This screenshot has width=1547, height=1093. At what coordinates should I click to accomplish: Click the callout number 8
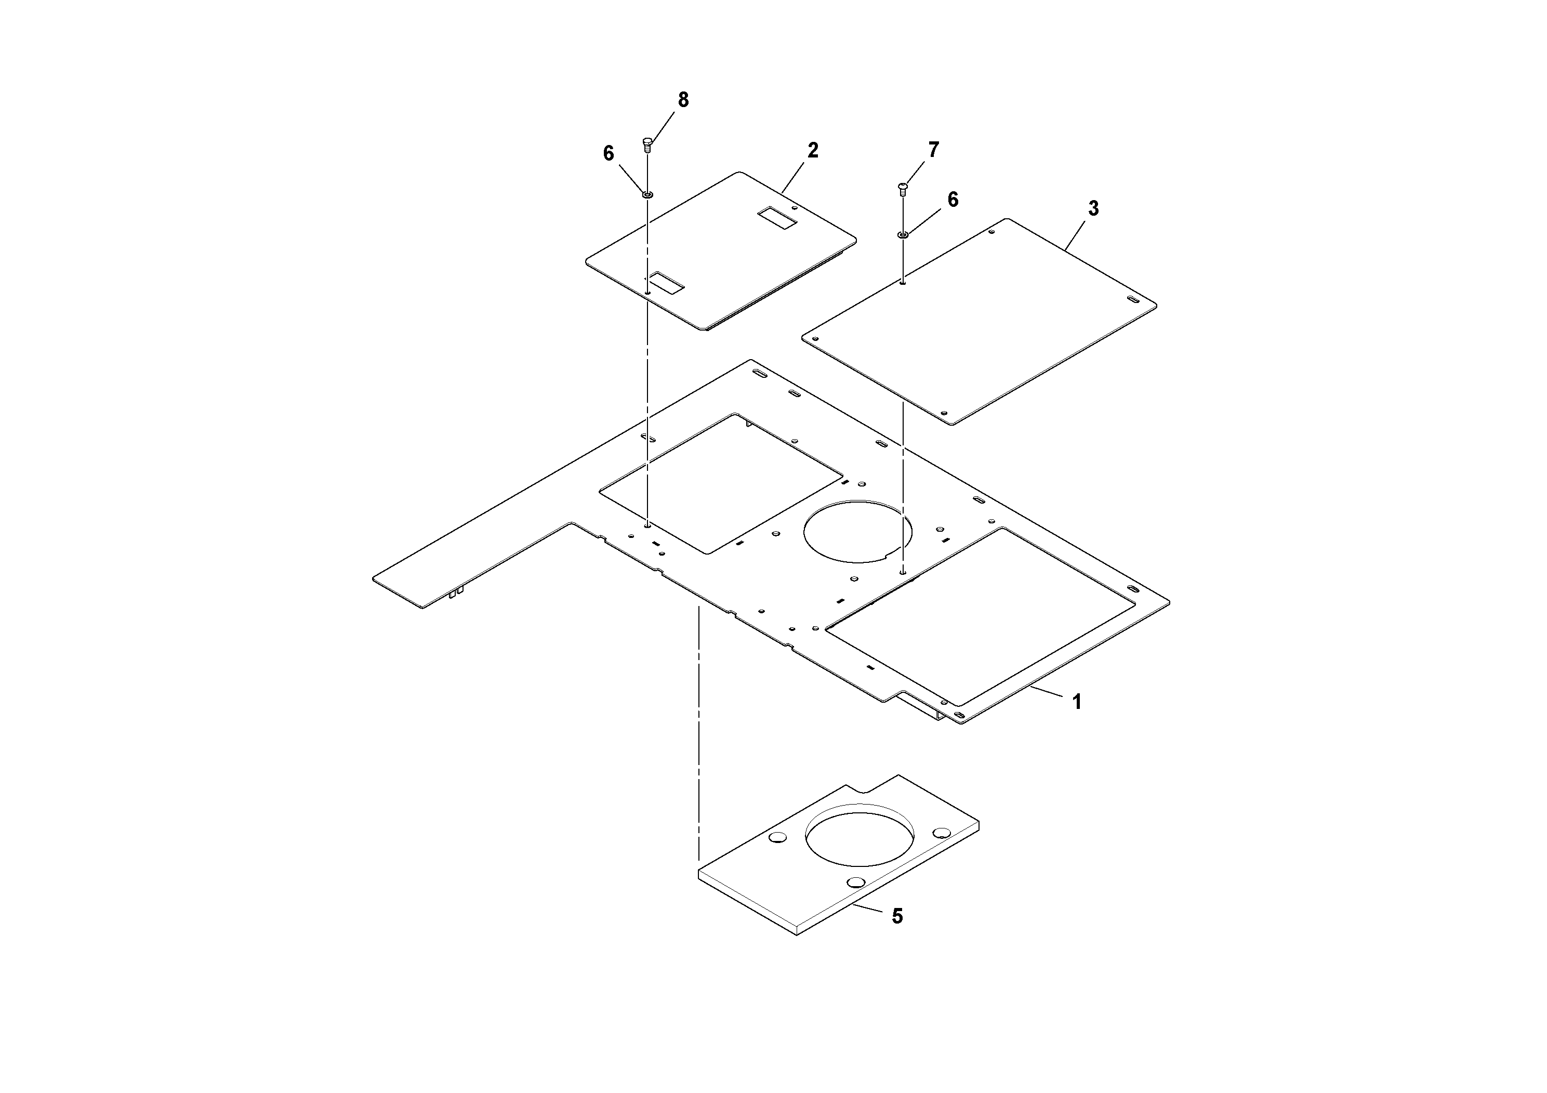click(683, 100)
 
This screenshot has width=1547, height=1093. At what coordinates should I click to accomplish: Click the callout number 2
click(813, 151)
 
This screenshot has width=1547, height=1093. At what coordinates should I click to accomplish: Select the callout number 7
click(933, 150)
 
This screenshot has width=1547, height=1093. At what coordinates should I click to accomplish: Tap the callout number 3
click(1093, 209)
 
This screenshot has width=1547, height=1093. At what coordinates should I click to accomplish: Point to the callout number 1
click(1077, 702)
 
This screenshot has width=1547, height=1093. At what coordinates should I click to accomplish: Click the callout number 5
click(897, 916)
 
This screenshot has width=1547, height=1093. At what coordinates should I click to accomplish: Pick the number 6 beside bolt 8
click(609, 154)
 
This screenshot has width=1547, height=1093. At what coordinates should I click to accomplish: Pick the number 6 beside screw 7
click(953, 200)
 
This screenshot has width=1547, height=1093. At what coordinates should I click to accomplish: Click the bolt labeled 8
click(647, 143)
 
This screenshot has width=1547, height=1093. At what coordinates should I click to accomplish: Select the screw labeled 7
click(903, 188)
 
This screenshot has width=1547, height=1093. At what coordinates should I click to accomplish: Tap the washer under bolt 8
click(647, 195)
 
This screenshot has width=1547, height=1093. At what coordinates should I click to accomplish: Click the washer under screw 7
click(903, 234)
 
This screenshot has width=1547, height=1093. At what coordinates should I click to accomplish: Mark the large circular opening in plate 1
click(858, 532)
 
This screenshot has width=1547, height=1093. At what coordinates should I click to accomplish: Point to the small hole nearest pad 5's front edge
click(856, 882)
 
